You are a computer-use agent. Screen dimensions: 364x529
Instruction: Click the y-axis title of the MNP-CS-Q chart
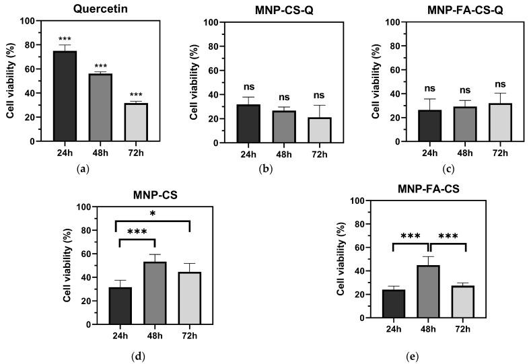click(x=194, y=82)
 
